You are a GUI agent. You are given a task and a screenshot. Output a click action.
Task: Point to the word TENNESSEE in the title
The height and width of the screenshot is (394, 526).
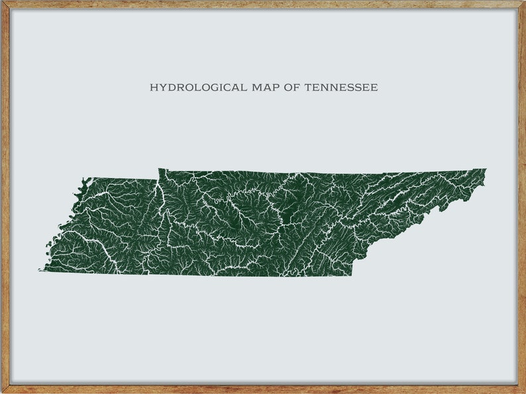[341, 87]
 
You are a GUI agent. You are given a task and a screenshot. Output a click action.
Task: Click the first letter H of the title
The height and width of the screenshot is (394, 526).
[153, 87]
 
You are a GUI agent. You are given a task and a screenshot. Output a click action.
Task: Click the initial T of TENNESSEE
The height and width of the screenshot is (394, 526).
[308, 87]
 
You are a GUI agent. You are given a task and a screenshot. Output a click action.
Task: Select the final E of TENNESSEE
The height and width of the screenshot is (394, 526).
[375, 87]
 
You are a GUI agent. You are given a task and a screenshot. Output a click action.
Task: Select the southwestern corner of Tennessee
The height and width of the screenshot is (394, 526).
[41, 270]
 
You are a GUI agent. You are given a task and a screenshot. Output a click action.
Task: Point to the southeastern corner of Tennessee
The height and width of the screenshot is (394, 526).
[351, 275]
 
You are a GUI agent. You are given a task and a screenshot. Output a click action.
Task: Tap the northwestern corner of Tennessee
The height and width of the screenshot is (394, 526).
[84, 178]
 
